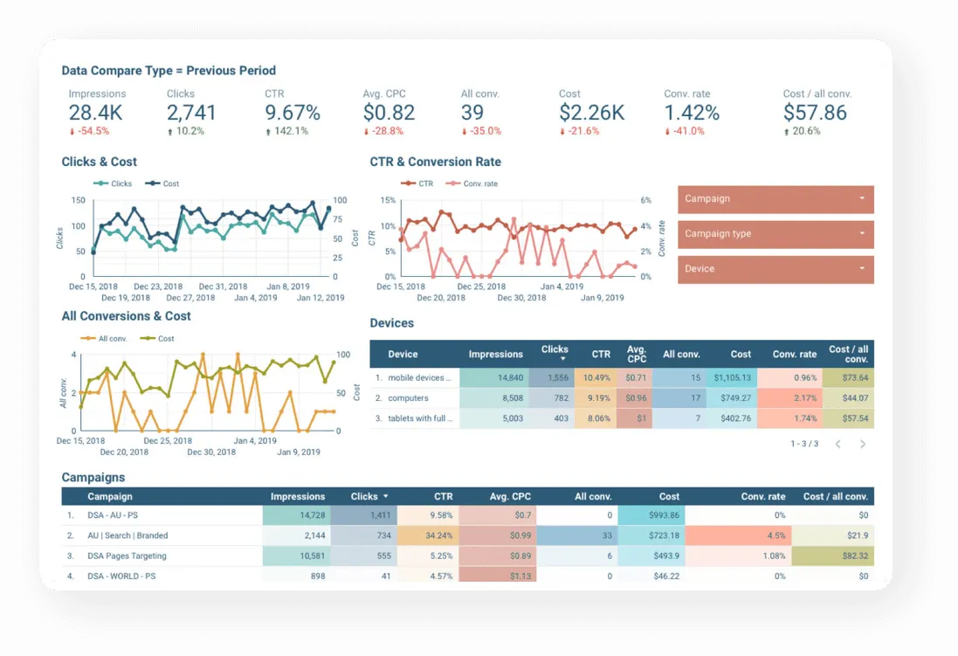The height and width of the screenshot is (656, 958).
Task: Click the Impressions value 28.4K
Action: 96,113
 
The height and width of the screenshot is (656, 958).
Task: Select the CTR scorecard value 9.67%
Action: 293,113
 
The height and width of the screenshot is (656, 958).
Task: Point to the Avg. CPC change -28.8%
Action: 384,131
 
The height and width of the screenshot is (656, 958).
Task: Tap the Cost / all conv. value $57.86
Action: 815,113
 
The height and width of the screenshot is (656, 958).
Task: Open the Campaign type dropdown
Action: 775,234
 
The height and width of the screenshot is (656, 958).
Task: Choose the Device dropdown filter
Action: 775,269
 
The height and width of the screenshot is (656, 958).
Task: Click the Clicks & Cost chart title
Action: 99,162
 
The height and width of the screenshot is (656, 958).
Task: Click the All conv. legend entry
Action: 107,338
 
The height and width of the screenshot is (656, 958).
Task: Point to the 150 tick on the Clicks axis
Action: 79,201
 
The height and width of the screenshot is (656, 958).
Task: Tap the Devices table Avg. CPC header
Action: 636,354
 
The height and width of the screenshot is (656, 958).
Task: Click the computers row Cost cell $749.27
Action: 732,398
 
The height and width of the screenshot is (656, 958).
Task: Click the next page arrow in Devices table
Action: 863,444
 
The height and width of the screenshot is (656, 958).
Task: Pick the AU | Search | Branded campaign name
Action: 128,535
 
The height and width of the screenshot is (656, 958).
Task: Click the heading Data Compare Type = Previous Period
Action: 169,71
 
